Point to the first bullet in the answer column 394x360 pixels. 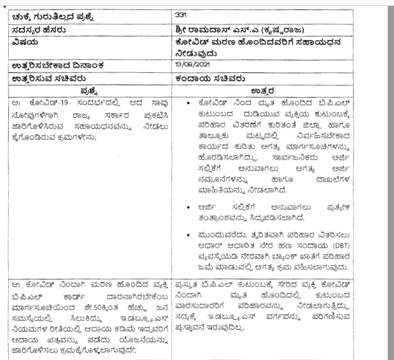pos(188,103)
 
